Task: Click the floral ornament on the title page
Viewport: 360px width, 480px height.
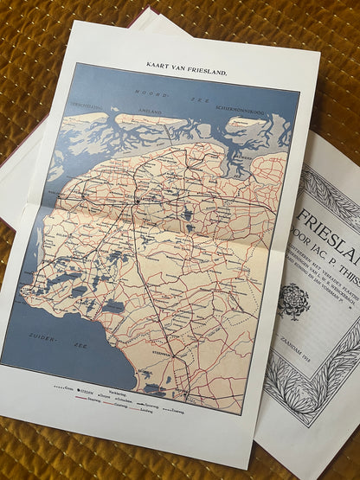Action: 293,301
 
